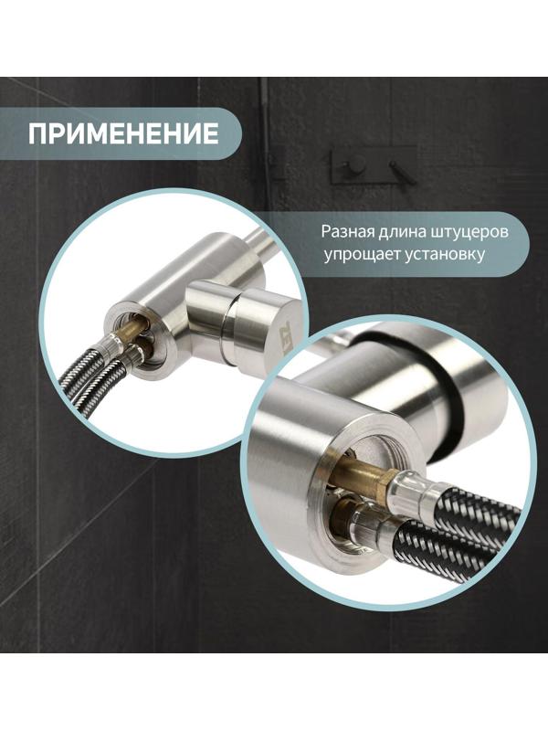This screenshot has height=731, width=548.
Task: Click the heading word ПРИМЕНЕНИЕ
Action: [123, 134]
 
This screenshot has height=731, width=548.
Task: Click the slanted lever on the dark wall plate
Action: [396, 170]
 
